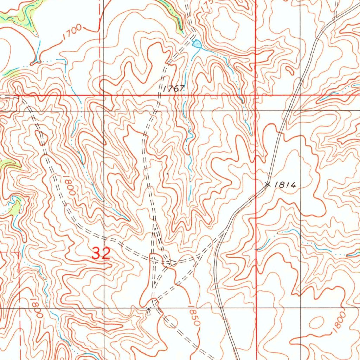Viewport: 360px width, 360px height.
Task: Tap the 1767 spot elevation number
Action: coord(174,88)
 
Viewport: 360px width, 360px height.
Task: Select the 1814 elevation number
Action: coord(286,185)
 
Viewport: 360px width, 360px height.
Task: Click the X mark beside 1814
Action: coord(268,184)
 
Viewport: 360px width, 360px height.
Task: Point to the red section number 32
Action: coord(101,253)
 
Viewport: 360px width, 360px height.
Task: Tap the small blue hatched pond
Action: coord(197,44)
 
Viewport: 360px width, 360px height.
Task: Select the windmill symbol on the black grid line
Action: coord(149,311)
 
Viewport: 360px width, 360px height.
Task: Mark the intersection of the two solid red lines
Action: coord(256,95)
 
